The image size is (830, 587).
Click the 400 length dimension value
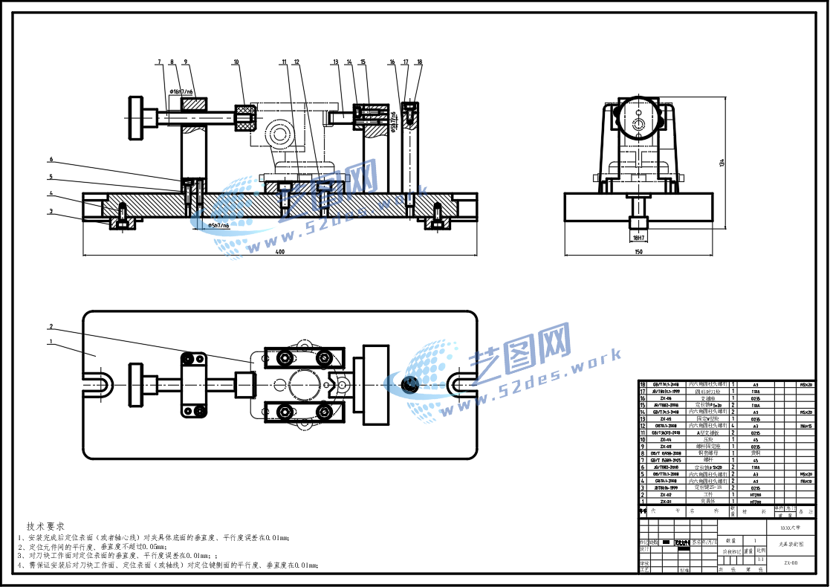[x=280, y=253]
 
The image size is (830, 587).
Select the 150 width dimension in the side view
[x=638, y=253]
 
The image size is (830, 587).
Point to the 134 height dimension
[x=720, y=163]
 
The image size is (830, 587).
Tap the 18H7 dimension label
[x=638, y=238]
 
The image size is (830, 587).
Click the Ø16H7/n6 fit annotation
[x=182, y=91]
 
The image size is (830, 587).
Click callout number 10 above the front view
[x=236, y=62]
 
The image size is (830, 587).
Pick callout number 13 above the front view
[x=335, y=62]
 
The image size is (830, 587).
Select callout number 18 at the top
[x=419, y=62]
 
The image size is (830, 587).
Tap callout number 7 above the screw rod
[x=159, y=62]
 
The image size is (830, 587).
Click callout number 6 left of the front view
[x=51, y=159]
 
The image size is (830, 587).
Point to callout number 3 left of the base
[x=51, y=211]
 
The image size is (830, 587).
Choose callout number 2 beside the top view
[x=51, y=326]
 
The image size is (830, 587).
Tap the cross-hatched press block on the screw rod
[x=245, y=117]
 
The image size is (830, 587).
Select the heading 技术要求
[x=45, y=526]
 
